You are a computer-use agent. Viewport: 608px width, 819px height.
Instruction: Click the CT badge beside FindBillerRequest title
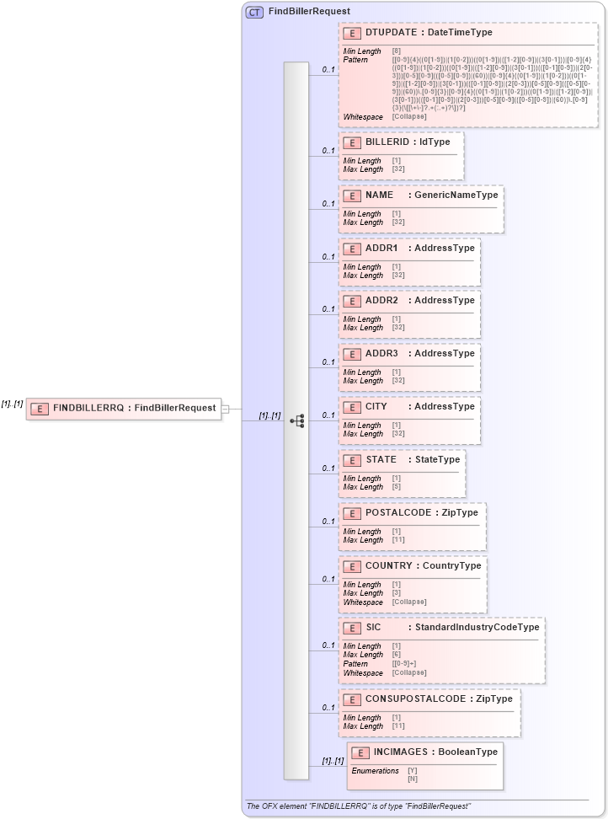(x=254, y=12)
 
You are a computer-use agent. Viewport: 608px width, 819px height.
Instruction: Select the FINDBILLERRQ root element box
(x=124, y=409)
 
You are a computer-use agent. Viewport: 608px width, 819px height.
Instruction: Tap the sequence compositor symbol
(x=296, y=420)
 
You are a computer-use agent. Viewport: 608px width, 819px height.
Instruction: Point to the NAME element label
(x=379, y=195)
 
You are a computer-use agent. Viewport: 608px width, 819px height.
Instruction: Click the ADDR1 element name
(x=381, y=248)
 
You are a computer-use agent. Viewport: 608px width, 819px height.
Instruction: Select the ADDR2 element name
(x=381, y=300)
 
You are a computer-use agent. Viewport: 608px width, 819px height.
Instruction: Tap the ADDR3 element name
(x=381, y=353)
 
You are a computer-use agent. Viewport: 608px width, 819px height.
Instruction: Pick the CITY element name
(x=376, y=406)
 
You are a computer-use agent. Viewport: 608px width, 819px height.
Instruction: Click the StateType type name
(x=437, y=459)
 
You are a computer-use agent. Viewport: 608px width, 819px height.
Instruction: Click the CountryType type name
(x=451, y=565)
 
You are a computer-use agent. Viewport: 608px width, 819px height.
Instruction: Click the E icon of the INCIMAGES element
(x=360, y=752)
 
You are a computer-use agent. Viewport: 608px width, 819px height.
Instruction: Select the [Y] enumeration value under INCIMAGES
(x=413, y=770)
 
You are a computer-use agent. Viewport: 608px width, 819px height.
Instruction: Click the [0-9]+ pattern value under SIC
(x=403, y=664)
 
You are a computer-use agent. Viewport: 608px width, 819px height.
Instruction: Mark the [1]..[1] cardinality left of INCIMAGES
(x=333, y=761)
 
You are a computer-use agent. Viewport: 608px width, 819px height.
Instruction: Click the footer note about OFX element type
(x=358, y=806)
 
